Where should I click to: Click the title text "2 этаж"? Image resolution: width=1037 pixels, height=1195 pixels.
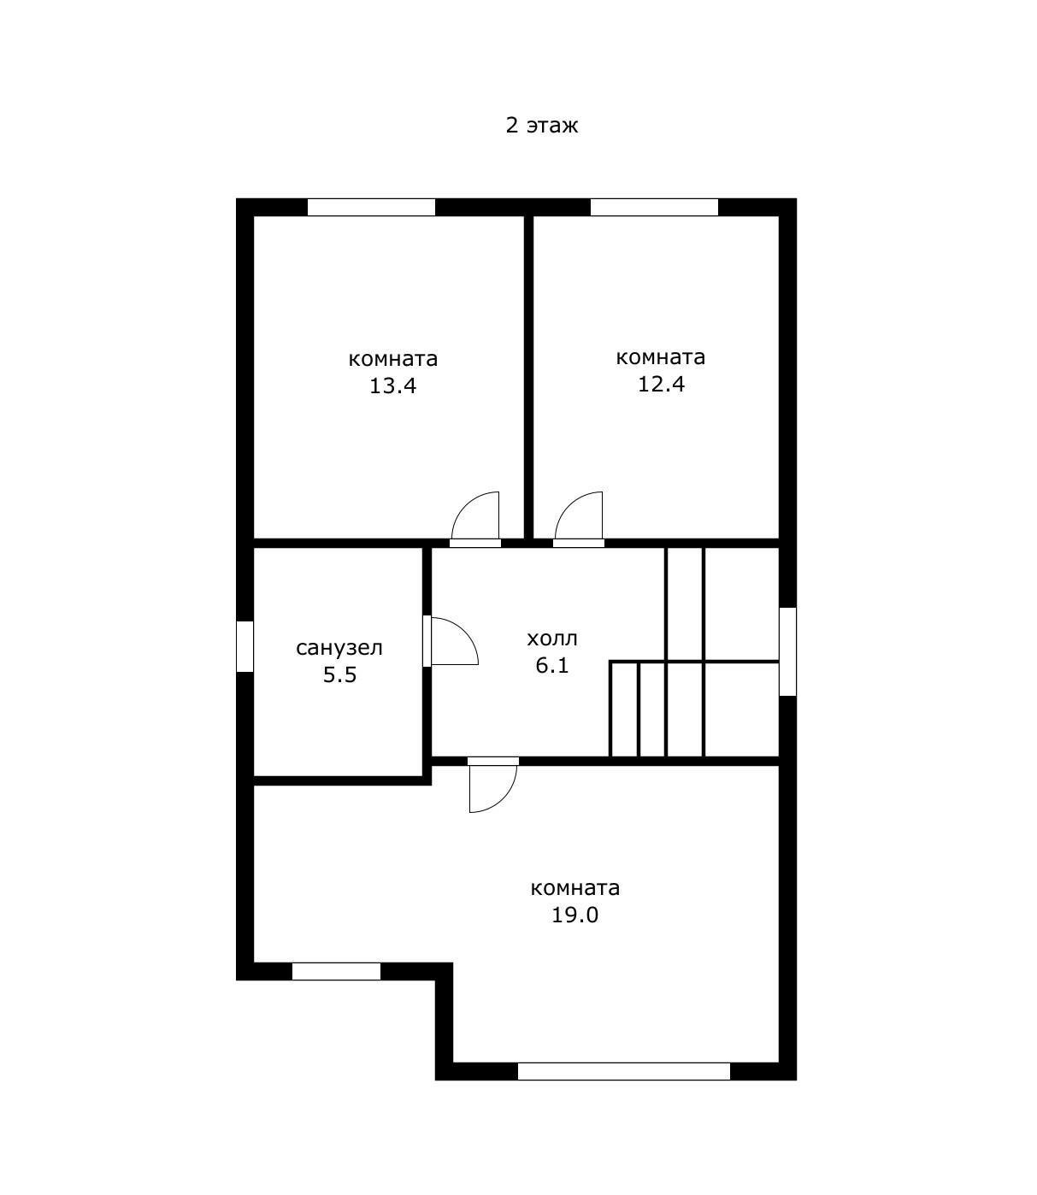[541, 126]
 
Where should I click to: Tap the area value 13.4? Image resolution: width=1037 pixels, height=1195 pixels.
[392, 386]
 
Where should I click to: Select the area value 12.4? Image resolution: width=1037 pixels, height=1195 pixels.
[661, 384]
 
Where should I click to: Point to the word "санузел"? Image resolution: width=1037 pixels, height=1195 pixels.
[339, 648]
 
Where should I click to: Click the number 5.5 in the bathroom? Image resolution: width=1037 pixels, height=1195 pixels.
[340, 675]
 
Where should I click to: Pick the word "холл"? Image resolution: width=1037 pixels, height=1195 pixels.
[552, 639]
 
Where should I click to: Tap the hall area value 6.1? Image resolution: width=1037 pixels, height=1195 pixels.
[552, 665]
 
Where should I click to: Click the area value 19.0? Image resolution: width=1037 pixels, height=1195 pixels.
[574, 915]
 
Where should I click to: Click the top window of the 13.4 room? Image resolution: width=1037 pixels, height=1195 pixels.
[371, 208]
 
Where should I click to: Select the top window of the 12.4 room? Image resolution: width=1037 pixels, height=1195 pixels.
[654, 208]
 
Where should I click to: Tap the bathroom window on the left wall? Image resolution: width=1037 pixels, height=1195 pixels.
[245, 646]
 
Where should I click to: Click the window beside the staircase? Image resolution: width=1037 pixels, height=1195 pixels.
[787, 651]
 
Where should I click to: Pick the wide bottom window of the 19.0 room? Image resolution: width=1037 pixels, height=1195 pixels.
[624, 1071]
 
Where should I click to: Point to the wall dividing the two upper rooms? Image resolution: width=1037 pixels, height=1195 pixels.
[528, 377]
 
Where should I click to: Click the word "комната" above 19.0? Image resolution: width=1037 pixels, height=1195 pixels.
[574, 888]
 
